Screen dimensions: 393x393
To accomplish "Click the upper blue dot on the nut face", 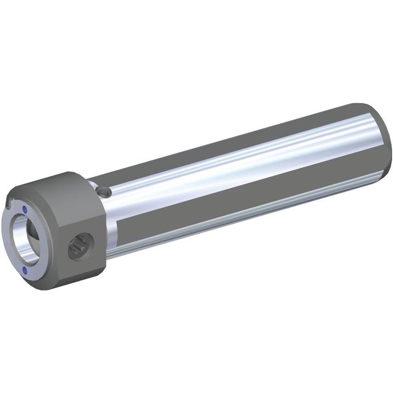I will point(25,208).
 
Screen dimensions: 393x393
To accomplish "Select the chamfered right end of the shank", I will point(384,138).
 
